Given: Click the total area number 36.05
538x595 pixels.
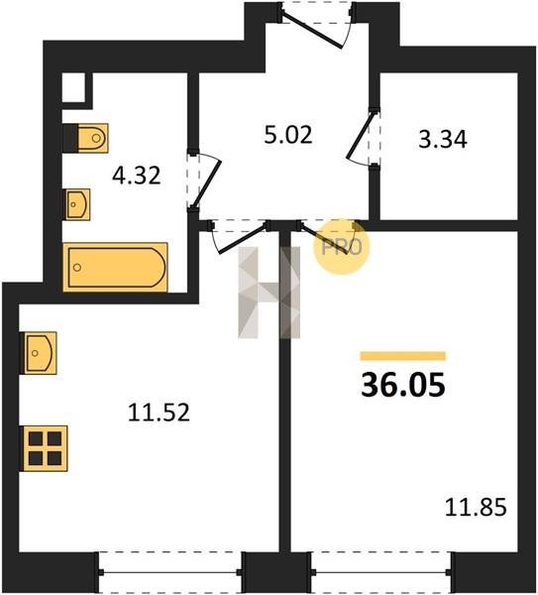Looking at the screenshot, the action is coord(403,385).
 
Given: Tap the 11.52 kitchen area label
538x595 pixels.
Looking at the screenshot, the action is coord(159,413).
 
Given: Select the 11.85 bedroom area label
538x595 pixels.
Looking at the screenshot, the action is coord(476,508).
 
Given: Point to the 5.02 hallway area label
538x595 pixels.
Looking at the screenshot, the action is coord(288,135).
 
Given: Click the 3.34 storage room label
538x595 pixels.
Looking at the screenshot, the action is coord(443,139).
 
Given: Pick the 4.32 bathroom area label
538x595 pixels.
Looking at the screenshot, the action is coord(137,176).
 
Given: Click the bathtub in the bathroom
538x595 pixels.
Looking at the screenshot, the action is coord(115,267).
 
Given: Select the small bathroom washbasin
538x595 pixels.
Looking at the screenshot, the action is coord(77,204).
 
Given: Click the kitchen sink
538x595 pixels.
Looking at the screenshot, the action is coord(41,353).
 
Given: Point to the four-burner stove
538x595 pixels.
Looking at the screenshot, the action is coord(46,448).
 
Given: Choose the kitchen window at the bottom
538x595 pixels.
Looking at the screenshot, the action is coord(169,573).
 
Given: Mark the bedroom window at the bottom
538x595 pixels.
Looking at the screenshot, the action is coord(381,573).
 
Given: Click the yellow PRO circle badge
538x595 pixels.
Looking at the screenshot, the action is coord(341,247).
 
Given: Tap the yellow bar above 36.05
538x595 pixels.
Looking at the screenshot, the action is coord(403,356).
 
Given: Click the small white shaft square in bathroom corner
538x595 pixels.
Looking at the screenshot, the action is coord(73,87).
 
